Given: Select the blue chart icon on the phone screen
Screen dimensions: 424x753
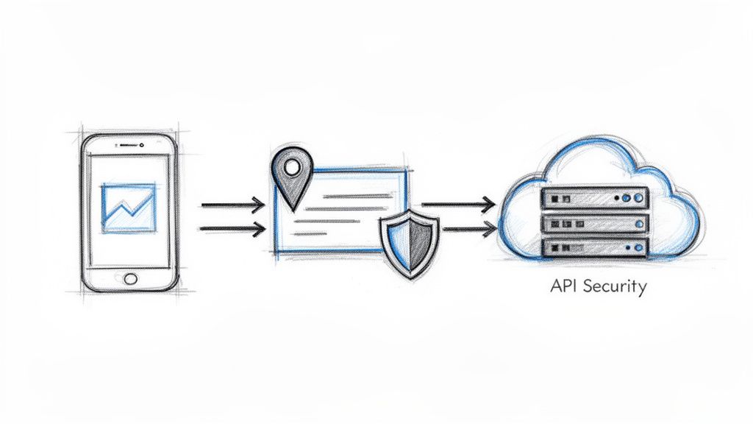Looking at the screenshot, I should coord(128,208).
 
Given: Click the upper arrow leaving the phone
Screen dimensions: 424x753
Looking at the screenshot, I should coord(232,204).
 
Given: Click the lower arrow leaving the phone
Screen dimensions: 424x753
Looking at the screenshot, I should coord(232,229).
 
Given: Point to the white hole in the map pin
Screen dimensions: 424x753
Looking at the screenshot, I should coord(292,167).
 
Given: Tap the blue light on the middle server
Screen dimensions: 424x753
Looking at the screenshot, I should coord(627,223).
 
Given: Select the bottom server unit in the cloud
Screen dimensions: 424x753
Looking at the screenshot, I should coord(594,247).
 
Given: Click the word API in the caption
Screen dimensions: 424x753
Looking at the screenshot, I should coord(563,286).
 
